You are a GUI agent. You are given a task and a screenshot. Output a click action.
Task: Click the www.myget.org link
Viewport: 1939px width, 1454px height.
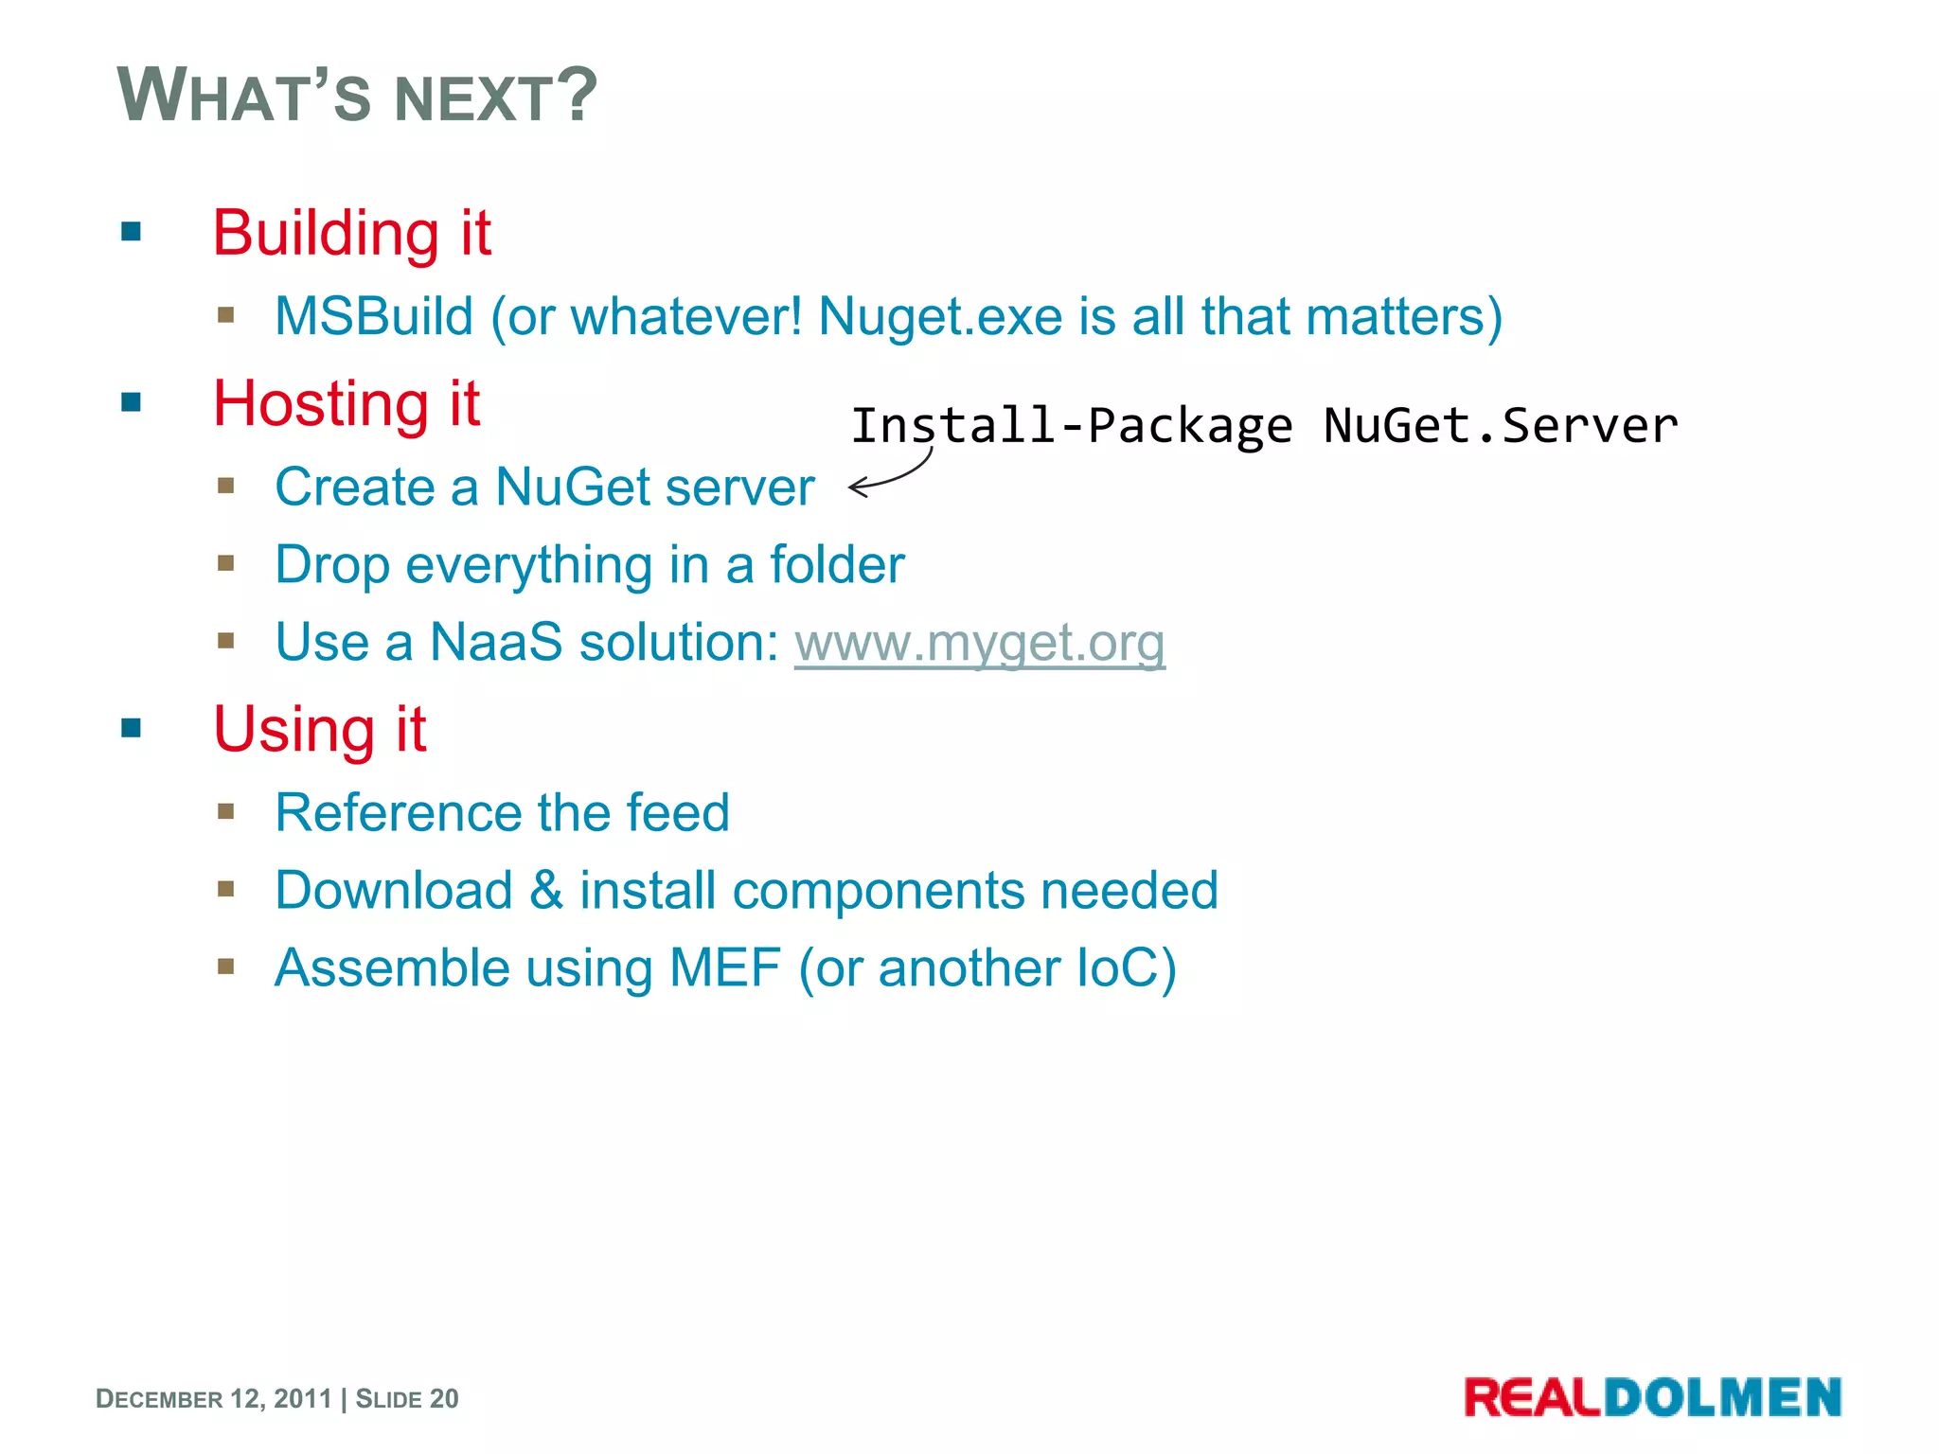pos(979,644)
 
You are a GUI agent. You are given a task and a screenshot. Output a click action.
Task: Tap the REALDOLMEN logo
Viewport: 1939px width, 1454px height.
pos(1652,1398)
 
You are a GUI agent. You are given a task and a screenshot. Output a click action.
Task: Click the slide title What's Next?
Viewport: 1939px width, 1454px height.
pos(357,96)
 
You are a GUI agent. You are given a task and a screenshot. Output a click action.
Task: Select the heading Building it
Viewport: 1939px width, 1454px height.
pos(351,233)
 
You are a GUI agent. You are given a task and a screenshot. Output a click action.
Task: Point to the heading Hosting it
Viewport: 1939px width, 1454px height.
pos(347,404)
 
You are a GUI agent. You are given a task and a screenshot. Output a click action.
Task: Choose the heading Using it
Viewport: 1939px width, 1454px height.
pos(320,730)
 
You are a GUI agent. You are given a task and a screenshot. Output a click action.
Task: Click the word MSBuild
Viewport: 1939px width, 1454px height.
pos(374,316)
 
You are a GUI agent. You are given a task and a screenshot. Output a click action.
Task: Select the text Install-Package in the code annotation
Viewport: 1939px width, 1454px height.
pos(1071,426)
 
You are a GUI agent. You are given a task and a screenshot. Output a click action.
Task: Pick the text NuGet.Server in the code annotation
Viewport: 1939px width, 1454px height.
pos(1501,426)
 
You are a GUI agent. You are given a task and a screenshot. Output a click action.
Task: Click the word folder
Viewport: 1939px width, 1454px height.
pos(837,565)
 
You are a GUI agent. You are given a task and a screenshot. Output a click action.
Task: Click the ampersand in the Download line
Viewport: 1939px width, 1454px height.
pos(546,891)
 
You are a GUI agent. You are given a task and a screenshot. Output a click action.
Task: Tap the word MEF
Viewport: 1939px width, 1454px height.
pos(724,968)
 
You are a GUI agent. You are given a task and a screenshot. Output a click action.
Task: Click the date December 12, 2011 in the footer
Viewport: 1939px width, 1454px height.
pos(214,1399)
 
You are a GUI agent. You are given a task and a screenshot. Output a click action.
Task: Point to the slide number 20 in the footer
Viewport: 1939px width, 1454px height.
pos(444,1399)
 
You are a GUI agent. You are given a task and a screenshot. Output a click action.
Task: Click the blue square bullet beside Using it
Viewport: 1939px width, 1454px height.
pos(132,728)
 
